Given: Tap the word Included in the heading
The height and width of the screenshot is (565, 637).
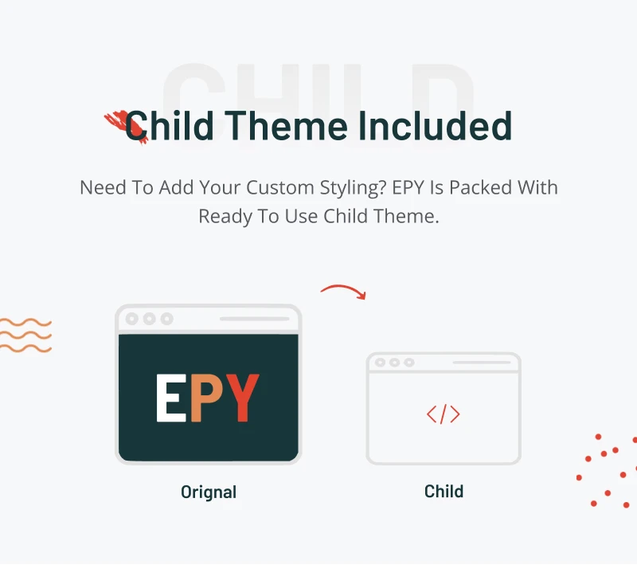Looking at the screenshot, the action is [x=435, y=126].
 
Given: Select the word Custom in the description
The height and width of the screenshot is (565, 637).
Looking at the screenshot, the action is [x=280, y=187].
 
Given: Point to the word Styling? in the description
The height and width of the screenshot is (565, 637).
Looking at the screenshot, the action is [x=353, y=188].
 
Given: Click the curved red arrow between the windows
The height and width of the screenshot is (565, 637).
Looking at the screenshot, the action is [x=343, y=288].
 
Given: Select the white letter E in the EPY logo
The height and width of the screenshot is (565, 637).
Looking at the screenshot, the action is [x=171, y=398].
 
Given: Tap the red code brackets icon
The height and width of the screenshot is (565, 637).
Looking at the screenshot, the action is [x=444, y=414].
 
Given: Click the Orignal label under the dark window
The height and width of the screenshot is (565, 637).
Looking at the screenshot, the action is [x=209, y=492].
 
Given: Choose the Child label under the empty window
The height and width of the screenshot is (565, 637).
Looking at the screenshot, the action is [x=444, y=492].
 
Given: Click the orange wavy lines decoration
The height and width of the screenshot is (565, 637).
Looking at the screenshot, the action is [x=25, y=335].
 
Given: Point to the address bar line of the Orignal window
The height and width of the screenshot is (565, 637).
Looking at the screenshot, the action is [x=254, y=319].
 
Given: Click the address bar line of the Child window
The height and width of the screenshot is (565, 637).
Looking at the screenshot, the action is [x=482, y=362].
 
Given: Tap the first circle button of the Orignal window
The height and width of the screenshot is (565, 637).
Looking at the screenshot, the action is [x=131, y=319].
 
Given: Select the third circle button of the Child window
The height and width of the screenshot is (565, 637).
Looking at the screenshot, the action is [x=409, y=362].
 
